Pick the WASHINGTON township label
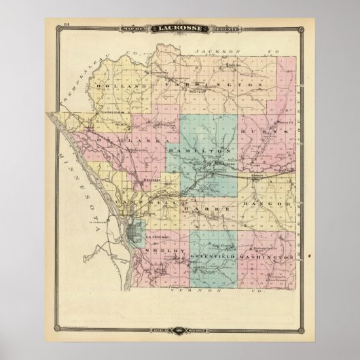pos(268,258)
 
